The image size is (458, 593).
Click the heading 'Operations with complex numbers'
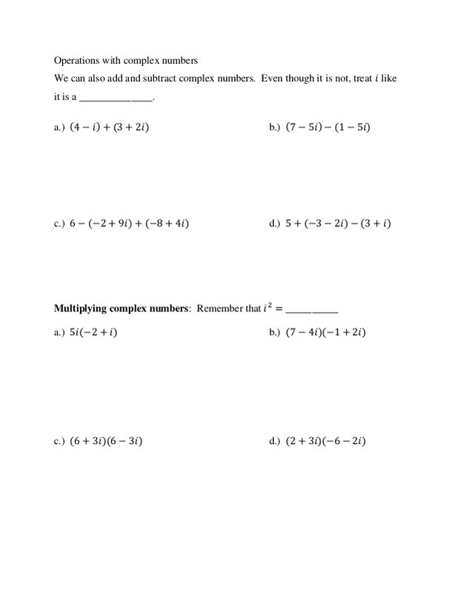click(126, 59)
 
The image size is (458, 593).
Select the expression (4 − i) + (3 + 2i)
click(114, 127)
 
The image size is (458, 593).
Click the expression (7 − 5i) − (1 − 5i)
click(328, 127)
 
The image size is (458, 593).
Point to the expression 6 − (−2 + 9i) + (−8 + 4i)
click(129, 223)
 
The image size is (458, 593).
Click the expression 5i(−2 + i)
click(94, 333)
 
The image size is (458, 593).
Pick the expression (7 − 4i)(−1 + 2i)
click(326, 333)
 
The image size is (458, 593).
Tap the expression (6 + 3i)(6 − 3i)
click(106, 442)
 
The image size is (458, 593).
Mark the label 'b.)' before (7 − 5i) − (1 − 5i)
click(274, 127)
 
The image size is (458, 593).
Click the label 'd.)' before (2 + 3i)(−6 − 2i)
click(274, 442)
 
